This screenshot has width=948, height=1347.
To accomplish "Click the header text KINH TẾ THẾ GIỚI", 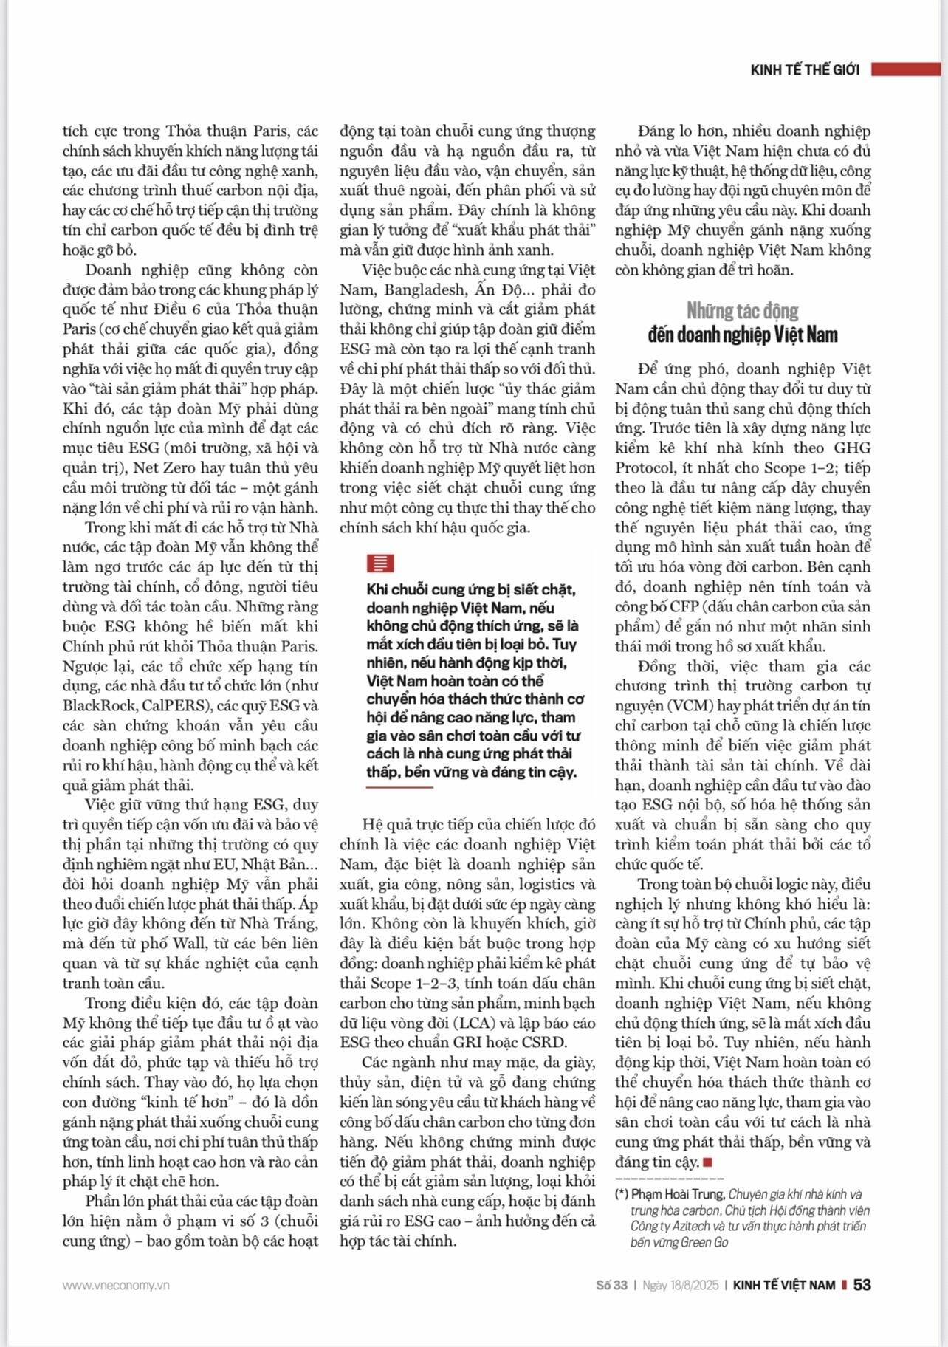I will coord(805,70).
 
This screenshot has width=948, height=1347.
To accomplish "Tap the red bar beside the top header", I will coord(906,69).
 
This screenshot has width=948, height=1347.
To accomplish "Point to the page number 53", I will coord(862,1285).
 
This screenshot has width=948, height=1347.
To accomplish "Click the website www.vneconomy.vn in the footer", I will coord(116,1286).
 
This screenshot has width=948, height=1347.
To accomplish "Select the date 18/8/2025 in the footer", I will coord(694,1286).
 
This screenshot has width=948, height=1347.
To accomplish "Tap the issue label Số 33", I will coord(611,1286).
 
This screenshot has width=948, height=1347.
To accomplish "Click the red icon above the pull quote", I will coord(380,563).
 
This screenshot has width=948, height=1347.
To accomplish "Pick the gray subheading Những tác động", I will coord(742,310).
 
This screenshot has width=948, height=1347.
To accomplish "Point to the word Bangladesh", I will coord(425,290).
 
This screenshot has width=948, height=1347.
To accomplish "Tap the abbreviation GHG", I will coord(852,448).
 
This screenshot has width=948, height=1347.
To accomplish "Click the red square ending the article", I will coord(708,1162).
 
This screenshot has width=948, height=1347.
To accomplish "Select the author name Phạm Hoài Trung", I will coord(677,1195).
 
